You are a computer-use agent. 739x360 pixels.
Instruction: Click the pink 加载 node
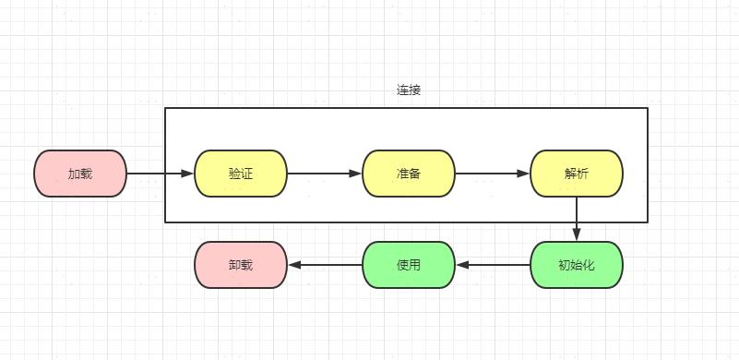pyautogui.click(x=80, y=174)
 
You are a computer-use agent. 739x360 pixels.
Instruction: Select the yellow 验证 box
pyautogui.click(x=241, y=174)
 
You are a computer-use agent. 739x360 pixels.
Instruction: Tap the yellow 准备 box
pyautogui.click(x=409, y=174)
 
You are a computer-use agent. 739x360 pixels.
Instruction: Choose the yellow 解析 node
pyautogui.click(x=577, y=174)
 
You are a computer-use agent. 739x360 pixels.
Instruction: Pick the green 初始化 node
pyautogui.click(x=577, y=265)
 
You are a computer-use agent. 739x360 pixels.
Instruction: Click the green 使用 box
pyautogui.click(x=409, y=265)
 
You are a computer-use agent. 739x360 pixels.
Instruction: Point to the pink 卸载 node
pyautogui.click(x=241, y=265)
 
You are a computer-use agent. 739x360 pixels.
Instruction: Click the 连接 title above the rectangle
pyautogui.click(x=409, y=90)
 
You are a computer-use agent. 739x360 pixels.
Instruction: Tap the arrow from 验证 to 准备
pyautogui.click(x=323, y=174)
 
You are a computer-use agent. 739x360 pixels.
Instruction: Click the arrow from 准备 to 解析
pyautogui.click(x=491, y=174)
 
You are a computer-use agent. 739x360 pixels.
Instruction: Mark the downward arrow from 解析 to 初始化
pyautogui.click(x=577, y=218)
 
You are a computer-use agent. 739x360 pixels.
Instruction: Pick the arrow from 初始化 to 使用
pyautogui.click(x=494, y=265)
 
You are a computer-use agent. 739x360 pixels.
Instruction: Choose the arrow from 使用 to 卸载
pyautogui.click(x=326, y=265)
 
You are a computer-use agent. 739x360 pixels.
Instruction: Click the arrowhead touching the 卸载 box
pyautogui.click(x=294, y=265)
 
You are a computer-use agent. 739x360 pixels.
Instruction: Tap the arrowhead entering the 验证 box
pyautogui.click(x=188, y=174)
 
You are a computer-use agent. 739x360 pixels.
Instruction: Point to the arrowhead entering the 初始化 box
pyautogui.click(x=577, y=235)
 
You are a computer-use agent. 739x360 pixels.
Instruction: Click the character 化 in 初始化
pyautogui.click(x=590, y=265)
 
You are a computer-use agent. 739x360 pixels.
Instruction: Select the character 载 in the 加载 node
pyautogui.click(x=87, y=174)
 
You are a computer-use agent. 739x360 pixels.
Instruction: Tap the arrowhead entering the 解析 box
pyautogui.click(x=524, y=174)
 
